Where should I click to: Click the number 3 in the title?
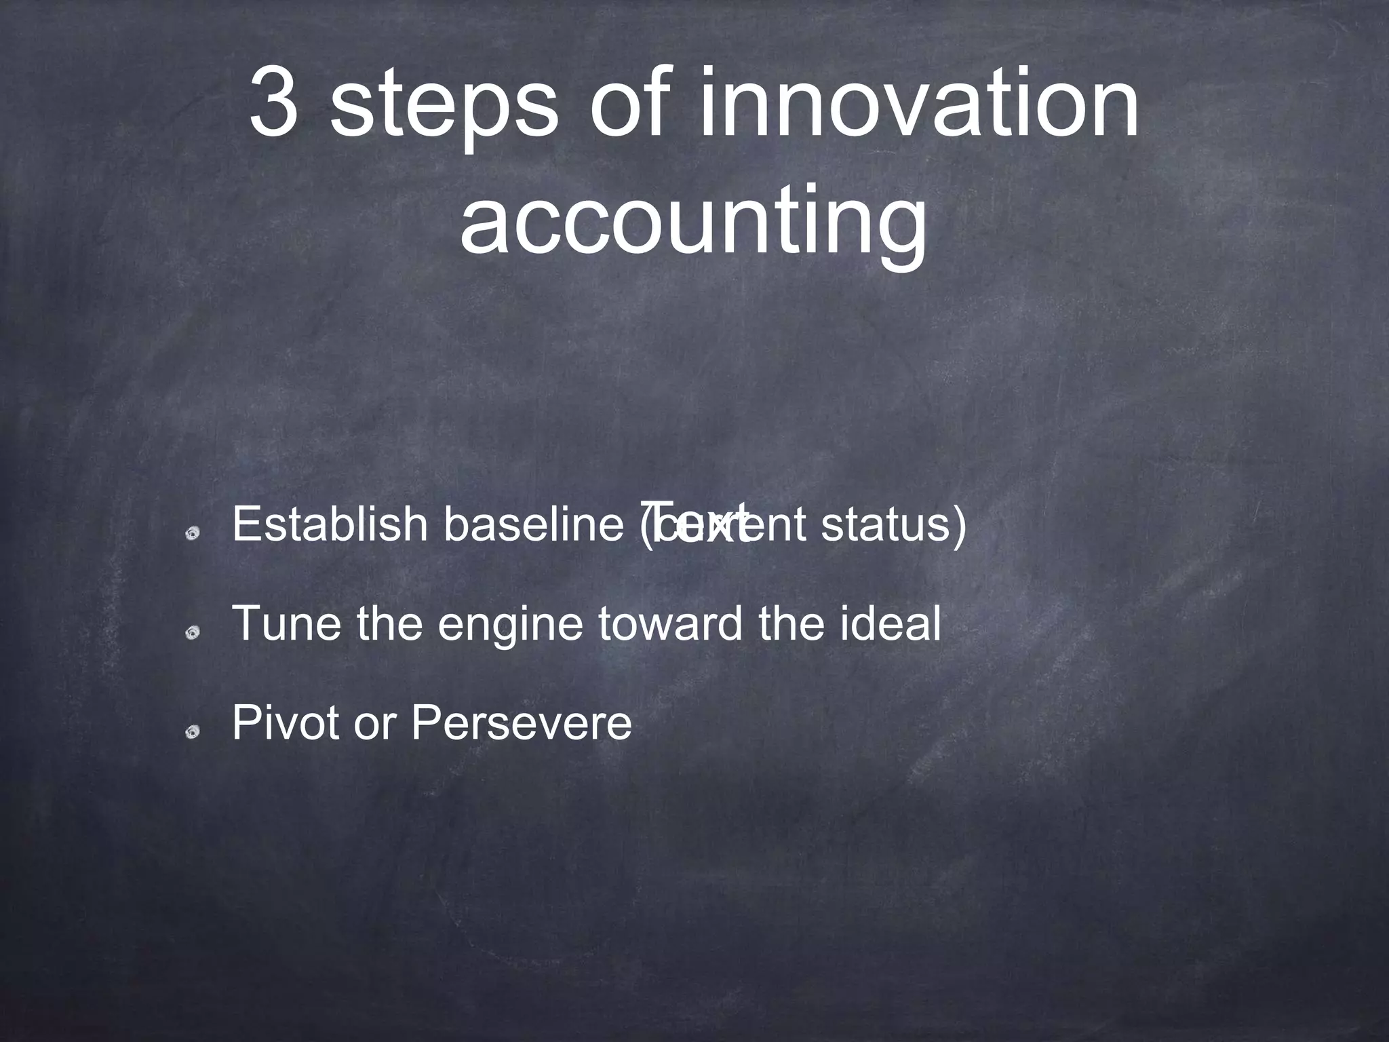(274, 102)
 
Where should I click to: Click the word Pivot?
(285, 722)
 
